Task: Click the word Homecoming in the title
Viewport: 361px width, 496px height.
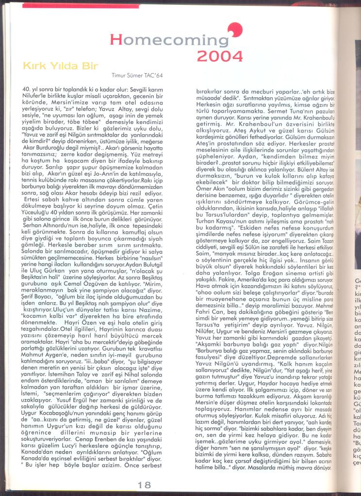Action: point(168,39)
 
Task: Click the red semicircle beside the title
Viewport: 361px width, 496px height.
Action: point(233,30)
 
